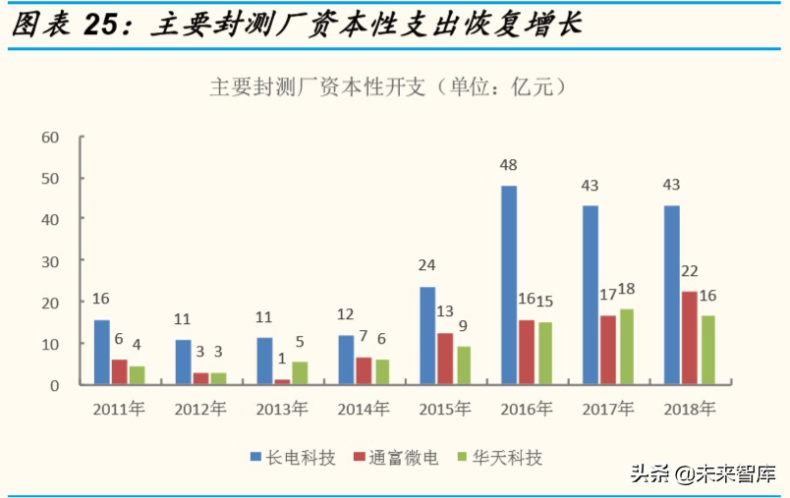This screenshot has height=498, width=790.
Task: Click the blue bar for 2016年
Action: click(x=508, y=285)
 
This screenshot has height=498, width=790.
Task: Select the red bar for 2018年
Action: click(x=690, y=337)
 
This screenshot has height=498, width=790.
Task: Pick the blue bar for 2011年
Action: click(x=101, y=352)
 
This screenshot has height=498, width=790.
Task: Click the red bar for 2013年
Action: click(x=283, y=381)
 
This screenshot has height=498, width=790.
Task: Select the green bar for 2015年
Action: click(x=464, y=364)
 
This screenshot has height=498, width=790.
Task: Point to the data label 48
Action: click(x=508, y=165)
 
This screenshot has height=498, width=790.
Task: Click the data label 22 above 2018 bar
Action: click(x=690, y=271)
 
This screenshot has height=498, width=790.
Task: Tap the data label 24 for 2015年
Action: click(x=427, y=266)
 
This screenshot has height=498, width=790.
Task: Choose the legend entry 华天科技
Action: click(x=506, y=457)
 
